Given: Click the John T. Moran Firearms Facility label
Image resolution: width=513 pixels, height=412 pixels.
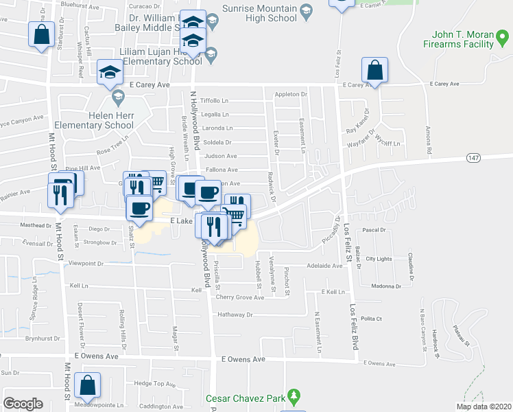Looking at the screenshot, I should [x=464, y=39].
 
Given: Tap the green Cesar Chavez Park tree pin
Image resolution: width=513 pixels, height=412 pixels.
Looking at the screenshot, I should [x=294, y=396].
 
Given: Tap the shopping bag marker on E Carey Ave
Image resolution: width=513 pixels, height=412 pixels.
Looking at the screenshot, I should [x=374, y=71].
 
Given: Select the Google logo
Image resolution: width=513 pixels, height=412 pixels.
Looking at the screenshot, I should [x=23, y=404].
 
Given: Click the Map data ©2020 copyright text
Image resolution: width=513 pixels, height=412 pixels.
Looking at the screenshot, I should [x=484, y=406].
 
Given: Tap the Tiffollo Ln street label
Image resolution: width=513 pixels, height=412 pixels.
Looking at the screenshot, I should [x=214, y=101].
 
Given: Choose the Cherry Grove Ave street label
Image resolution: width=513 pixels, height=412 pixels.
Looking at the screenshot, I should [x=239, y=297].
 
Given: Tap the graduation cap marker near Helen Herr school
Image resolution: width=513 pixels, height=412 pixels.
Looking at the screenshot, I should [x=109, y=74].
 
